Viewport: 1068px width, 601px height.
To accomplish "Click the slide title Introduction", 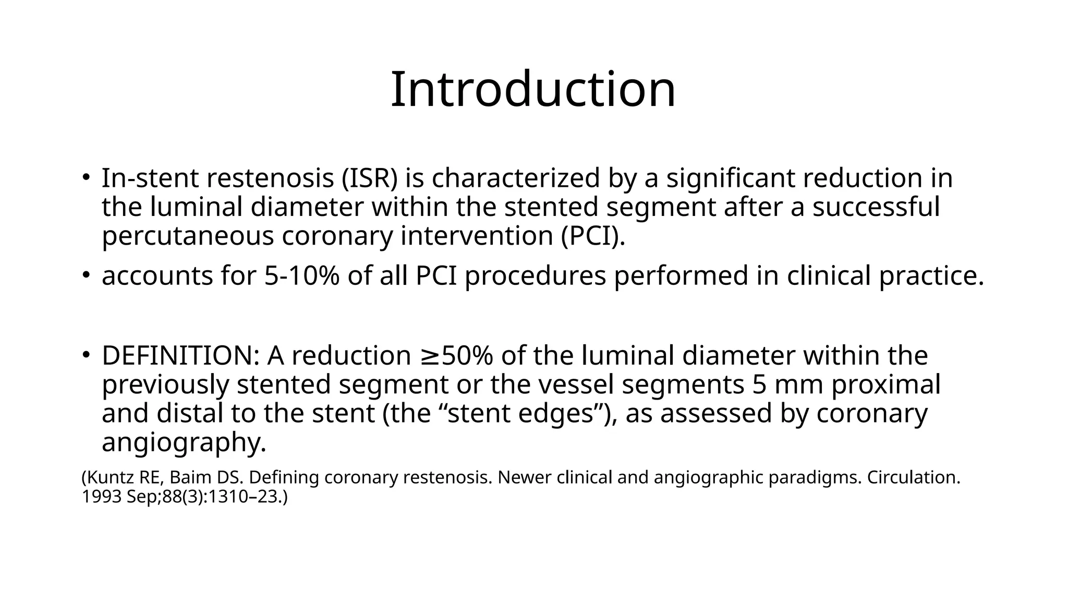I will coord(533,90).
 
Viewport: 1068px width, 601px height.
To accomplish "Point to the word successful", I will coord(876,207).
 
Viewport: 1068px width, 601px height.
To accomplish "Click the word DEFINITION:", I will coord(180,356).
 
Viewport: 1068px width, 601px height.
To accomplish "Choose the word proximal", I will coord(886,384).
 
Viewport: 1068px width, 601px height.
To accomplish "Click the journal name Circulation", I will coord(913,477).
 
